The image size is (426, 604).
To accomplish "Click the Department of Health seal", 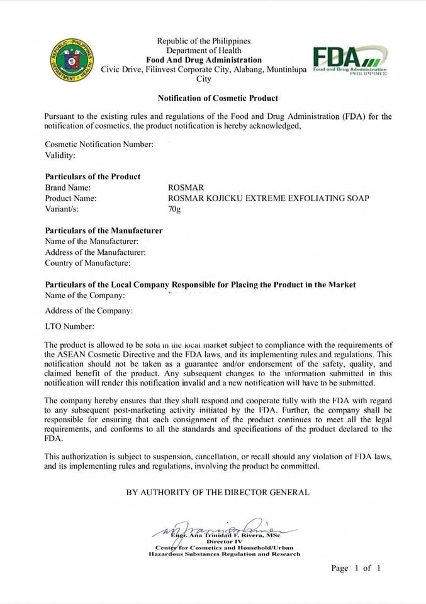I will (73, 60).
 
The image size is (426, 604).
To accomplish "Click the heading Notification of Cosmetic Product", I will (218, 98).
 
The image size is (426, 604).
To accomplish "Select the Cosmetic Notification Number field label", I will (99, 144).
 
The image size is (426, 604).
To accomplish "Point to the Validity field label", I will (60, 155).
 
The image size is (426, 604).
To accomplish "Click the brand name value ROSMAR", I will (182, 187).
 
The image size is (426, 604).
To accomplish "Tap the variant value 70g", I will (170, 209).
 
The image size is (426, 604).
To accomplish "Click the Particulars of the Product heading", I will (92, 176).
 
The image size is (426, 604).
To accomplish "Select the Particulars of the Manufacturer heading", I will (104, 230).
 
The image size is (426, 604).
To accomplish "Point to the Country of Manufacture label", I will (87, 263).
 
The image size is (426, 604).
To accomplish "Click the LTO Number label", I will (69, 327).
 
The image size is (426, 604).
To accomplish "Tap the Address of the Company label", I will (89, 311).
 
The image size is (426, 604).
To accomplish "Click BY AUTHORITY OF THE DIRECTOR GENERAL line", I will (218, 492).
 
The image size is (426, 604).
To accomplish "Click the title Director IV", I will (224, 540).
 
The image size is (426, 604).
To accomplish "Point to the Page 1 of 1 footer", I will (356, 568).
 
